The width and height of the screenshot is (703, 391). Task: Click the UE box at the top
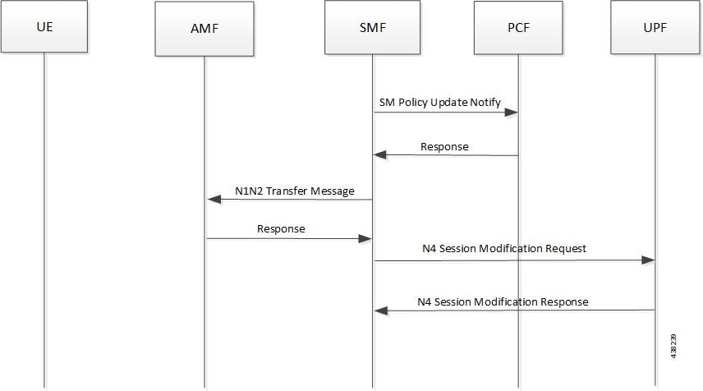(x=44, y=26)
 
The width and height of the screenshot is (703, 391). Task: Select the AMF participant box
(x=204, y=28)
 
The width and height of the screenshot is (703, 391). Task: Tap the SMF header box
(x=372, y=27)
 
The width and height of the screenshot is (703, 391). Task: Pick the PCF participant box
(x=518, y=27)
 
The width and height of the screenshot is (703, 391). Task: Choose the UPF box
(x=655, y=27)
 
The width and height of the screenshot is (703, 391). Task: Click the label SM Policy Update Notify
(x=440, y=102)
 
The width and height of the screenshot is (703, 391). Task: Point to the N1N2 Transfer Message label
(x=295, y=191)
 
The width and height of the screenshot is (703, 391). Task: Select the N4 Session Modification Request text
(x=504, y=248)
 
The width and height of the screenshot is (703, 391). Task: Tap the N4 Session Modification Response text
(x=503, y=301)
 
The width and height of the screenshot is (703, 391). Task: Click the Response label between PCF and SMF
(x=444, y=147)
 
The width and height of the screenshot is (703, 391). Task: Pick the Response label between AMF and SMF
(x=281, y=229)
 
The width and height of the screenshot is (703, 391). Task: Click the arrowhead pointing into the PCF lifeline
(x=511, y=112)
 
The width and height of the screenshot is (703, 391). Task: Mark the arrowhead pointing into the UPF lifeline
(x=648, y=260)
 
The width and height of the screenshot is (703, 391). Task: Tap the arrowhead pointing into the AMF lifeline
(x=214, y=199)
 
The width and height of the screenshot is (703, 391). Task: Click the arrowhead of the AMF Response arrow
(x=365, y=238)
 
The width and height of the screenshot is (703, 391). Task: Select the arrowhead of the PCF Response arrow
(x=380, y=154)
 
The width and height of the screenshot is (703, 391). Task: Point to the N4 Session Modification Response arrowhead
(x=381, y=310)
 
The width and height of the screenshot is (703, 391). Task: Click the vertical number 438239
(x=674, y=346)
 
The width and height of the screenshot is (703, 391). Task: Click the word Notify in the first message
(x=485, y=103)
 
